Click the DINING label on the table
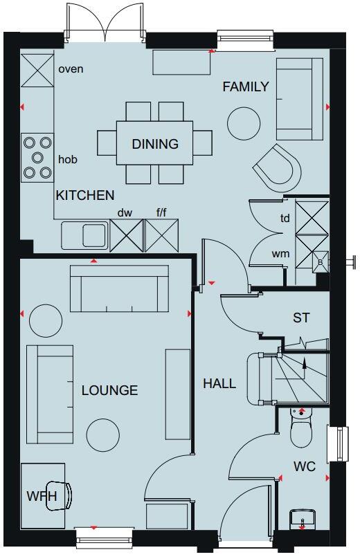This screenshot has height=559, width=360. tap(155, 144)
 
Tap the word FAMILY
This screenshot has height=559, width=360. tap(245, 86)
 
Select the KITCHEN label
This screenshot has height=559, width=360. tap(85, 196)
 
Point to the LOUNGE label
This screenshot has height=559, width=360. tap(109, 390)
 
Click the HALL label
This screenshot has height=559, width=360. tap(219, 383)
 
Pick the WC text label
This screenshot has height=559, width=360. tap(305, 467)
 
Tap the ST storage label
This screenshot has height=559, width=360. tap(301, 318)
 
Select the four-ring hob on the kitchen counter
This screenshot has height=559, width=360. tap(37, 158)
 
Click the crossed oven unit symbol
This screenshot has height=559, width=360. tap(37, 69)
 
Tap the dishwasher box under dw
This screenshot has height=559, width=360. tap(125, 235)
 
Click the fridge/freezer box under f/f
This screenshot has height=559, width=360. tap(161, 235)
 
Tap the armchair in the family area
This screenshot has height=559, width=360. tap(277, 168)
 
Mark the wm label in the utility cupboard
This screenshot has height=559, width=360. tap(280, 253)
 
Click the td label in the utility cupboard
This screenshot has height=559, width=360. tap(285, 218)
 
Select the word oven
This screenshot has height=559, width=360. tap(71, 69)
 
